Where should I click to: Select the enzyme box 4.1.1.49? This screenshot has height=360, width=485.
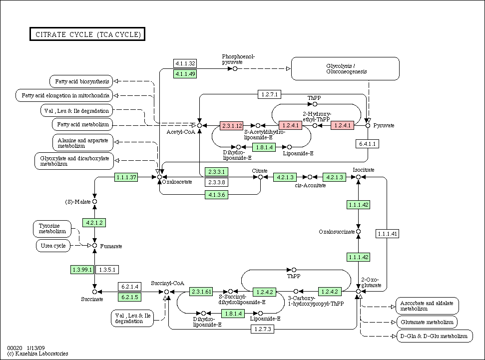pyautogui.click(x=185, y=74)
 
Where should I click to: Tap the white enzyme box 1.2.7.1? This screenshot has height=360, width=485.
pyautogui.click(x=270, y=94)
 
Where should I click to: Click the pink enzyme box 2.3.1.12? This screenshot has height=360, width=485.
pyautogui.click(x=232, y=125)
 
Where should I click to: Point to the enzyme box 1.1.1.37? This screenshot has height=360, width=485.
pyautogui.click(x=126, y=177)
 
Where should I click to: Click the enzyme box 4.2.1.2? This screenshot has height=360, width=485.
pyautogui.click(x=94, y=223)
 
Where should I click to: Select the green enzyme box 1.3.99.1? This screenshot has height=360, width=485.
pyautogui.click(x=82, y=270)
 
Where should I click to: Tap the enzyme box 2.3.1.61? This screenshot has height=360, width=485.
pyautogui.click(x=202, y=291)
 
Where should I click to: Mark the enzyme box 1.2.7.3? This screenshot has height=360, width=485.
pyautogui.click(x=263, y=329)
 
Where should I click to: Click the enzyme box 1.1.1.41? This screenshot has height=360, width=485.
pyautogui.click(x=387, y=234)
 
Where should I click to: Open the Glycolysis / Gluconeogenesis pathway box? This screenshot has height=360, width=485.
pyautogui.click(x=345, y=68)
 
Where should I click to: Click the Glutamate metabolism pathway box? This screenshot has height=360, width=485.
pyautogui.click(x=426, y=322)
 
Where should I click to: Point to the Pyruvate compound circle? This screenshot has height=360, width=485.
pyautogui.click(x=368, y=125)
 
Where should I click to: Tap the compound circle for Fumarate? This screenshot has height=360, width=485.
pyautogui.click(x=94, y=246)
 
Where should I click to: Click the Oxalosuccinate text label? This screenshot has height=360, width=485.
pyautogui.click(x=337, y=232)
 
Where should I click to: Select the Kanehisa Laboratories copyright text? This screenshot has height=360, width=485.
pyautogui.click(x=38, y=354)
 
